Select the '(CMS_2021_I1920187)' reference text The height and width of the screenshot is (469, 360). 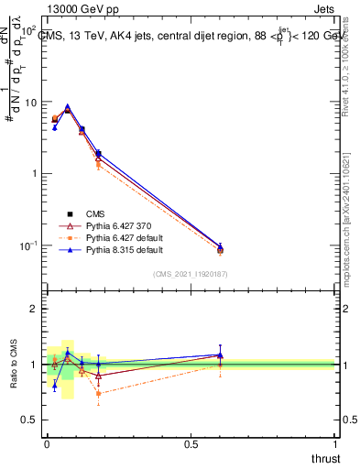point(190,273)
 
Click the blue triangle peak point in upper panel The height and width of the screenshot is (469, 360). point(68,107)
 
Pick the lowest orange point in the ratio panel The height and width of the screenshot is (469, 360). point(98,394)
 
